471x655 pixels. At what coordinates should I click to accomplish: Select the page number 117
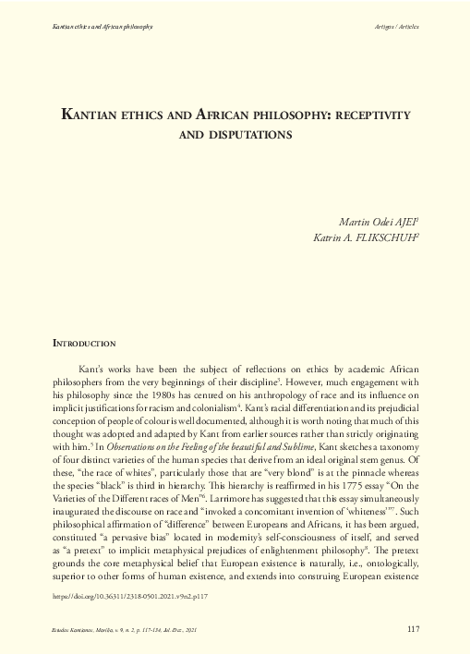click(414, 629)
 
